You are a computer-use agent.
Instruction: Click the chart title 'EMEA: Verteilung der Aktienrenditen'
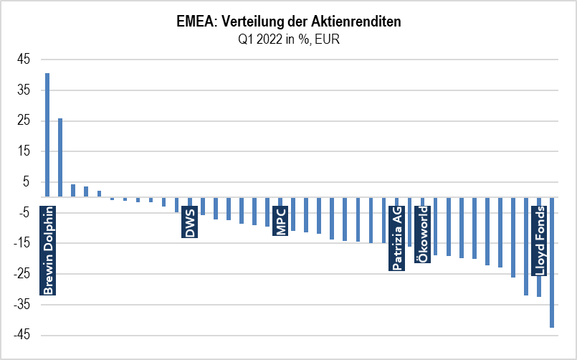tap(288, 22)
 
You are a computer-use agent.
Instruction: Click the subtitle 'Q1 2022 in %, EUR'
tap(288, 39)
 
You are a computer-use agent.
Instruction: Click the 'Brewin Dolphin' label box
tap(47, 250)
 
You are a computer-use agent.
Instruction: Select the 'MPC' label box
tap(280, 221)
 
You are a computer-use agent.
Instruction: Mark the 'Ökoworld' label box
tap(422, 234)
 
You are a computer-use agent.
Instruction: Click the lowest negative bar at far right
tap(552, 262)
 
